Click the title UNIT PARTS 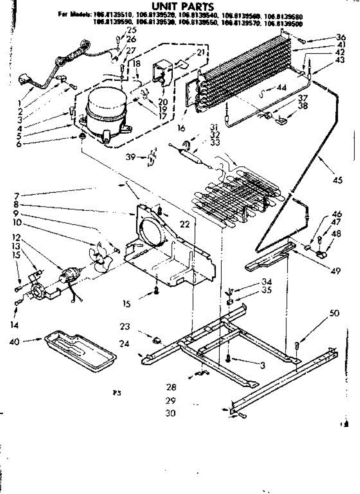click(x=183, y=7)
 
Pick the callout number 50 click(x=334, y=313)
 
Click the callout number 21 click(x=200, y=52)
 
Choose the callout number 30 click(x=170, y=413)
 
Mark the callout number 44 click(x=281, y=87)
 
